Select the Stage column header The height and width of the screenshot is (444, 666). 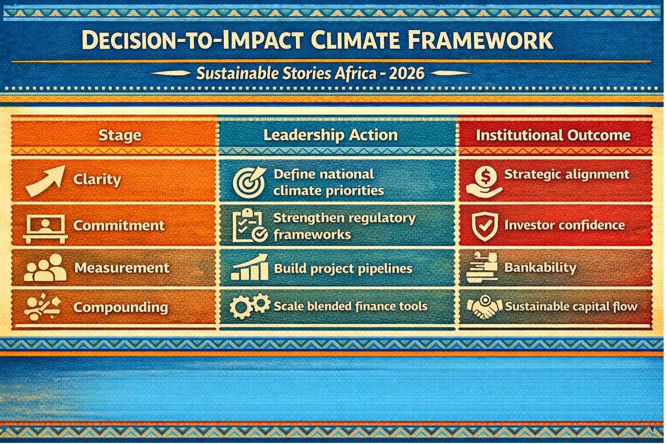pyautogui.click(x=120, y=136)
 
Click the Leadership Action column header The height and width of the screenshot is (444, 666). pyautogui.click(x=331, y=135)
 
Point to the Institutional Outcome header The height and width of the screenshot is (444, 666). pyautogui.click(x=553, y=135)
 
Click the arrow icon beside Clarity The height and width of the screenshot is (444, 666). pyautogui.click(x=46, y=181)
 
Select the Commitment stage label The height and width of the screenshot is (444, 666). pyautogui.click(x=119, y=225)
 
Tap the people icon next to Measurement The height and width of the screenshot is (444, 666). pyautogui.click(x=45, y=268)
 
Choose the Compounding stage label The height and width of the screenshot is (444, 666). pyautogui.click(x=121, y=308)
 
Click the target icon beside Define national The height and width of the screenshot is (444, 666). pyautogui.click(x=249, y=182)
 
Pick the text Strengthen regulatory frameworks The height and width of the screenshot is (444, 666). pyautogui.click(x=344, y=226)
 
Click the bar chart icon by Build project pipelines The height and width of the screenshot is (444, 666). pyautogui.click(x=250, y=267)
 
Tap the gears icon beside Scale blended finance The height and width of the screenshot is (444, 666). pyautogui.click(x=250, y=306)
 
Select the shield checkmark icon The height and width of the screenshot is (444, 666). pyautogui.click(x=485, y=226)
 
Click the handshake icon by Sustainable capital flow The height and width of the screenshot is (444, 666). pyautogui.click(x=485, y=307)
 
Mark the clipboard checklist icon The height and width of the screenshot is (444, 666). pyautogui.click(x=250, y=225)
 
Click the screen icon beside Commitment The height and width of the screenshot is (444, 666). pyautogui.click(x=45, y=229)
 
